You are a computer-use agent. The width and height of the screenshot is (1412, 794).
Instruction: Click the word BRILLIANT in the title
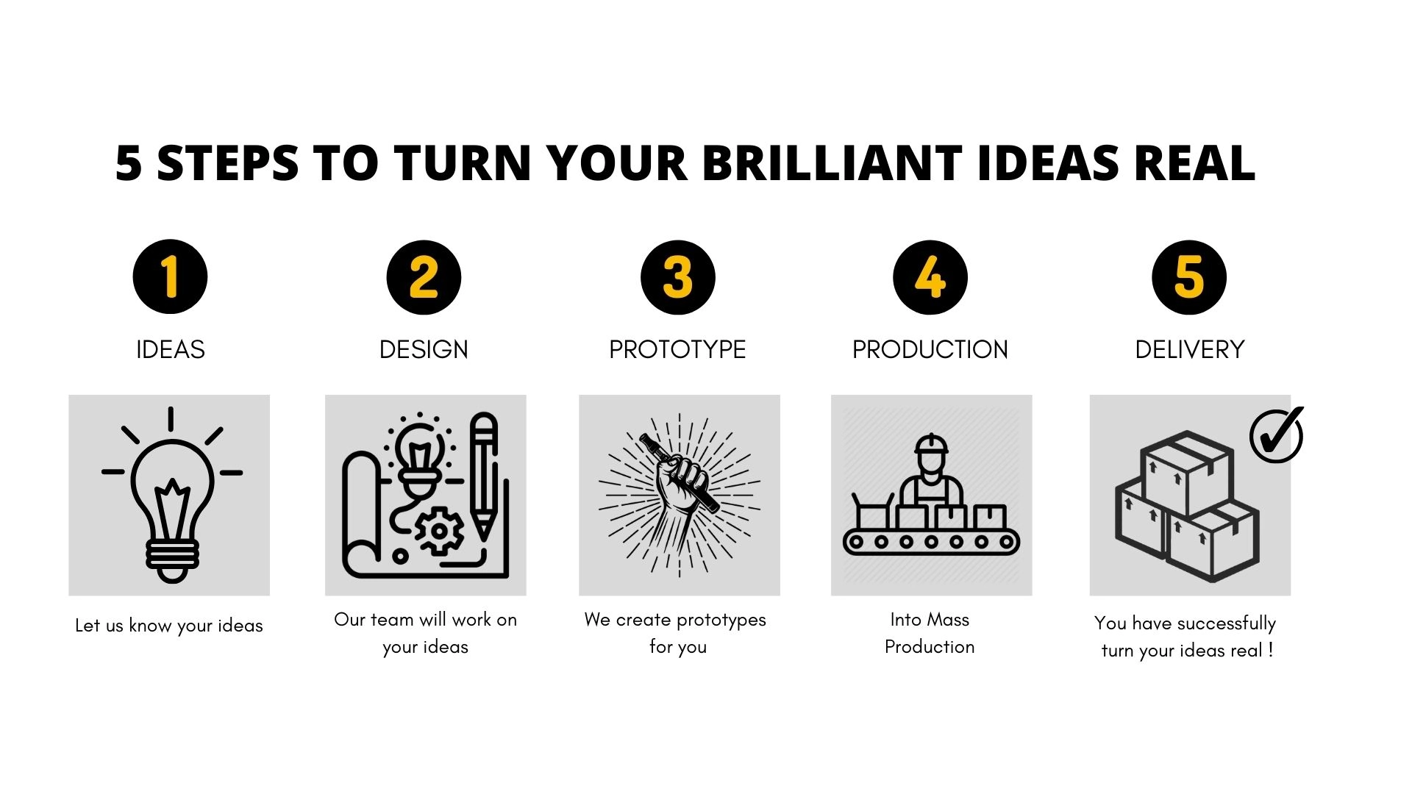click(x=832, y=162)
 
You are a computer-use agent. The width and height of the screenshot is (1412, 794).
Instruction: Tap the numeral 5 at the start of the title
click(x=128, y=162)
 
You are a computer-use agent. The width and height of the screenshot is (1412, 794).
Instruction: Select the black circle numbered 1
click(x=170, y=277)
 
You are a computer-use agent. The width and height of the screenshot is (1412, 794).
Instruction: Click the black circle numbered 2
click(x=424, y=277)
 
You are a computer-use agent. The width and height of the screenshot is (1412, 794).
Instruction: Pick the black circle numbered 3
click(x=678, y=277)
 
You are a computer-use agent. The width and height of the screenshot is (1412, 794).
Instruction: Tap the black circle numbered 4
click(x=930, y=277)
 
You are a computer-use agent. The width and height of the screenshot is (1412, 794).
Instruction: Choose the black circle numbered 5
click(x=1189, y=277)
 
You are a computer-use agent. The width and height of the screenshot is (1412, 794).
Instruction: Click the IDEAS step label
click(x=171, y=349)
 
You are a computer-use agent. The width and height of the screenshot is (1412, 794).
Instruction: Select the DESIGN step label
click(x=424, y=349)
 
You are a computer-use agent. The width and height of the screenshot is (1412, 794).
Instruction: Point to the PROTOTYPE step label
click(x=677, y=349)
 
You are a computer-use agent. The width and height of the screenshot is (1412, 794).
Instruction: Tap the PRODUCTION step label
click(x=930, y=349)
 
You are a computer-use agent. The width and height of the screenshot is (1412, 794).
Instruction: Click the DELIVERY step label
click(x=1190, y=349)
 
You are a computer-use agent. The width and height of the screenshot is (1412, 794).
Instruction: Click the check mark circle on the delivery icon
click(x=1276, y=435)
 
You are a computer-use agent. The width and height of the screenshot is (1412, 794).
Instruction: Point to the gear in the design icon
click(x=439, y=531)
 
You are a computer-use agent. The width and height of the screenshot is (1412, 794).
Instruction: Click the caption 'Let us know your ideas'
click(x=169, y=626)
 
